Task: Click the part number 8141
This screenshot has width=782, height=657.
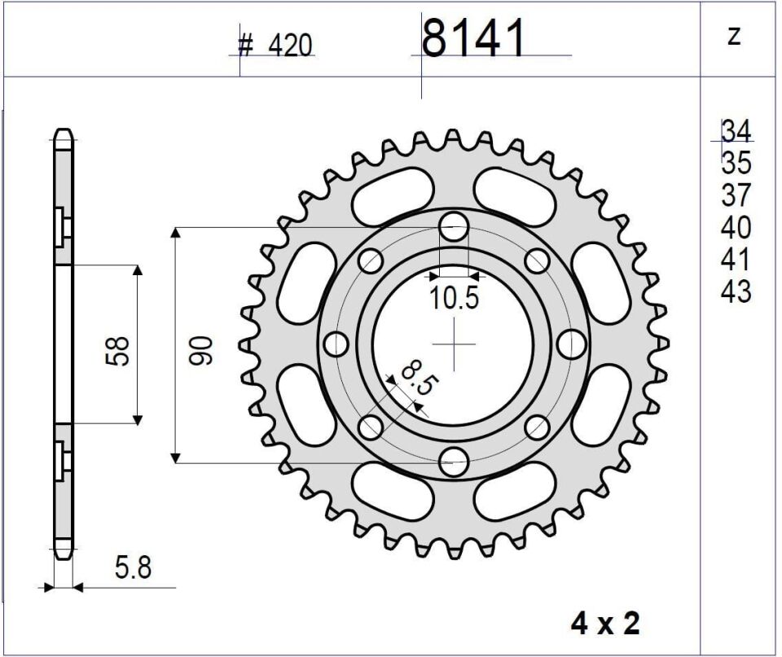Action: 473,38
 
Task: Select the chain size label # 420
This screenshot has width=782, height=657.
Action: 275,46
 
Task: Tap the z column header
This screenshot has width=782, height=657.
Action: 734,37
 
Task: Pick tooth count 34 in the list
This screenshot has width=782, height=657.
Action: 736,131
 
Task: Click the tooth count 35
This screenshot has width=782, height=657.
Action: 736,164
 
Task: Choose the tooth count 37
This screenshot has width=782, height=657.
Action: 736,195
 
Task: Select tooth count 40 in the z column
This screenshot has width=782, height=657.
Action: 736,227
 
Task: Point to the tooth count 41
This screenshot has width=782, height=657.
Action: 736,260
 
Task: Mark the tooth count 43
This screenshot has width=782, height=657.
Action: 736,291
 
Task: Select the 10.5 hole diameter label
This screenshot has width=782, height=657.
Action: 455,299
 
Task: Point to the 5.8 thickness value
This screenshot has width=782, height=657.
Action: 133,567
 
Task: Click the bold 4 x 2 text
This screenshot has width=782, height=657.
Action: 605,624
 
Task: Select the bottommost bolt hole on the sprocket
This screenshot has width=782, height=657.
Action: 454,462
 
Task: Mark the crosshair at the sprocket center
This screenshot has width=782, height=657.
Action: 454,344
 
